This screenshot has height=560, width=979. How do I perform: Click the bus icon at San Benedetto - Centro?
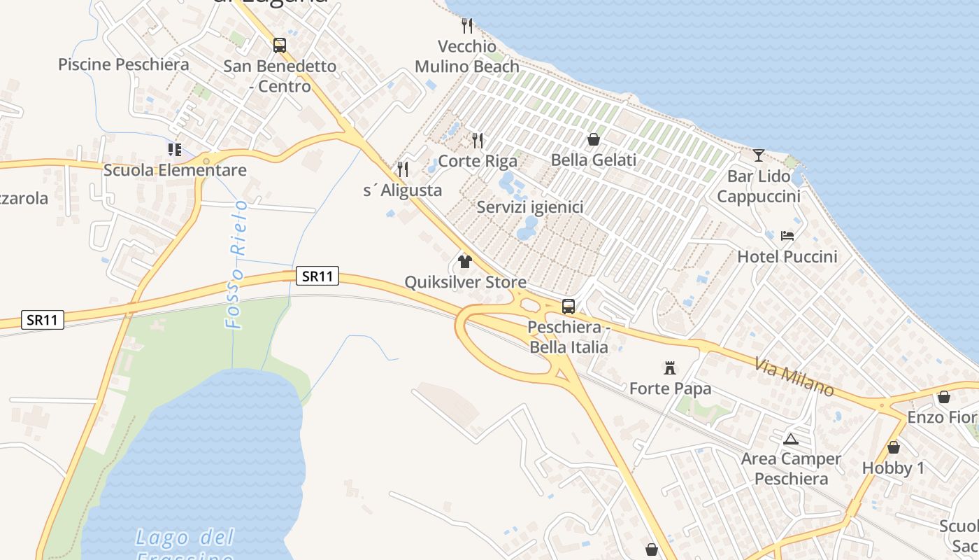(280, 45)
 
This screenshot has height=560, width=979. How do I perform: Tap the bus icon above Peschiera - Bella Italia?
(569, 306)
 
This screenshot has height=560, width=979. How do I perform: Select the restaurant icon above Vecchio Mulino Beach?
(467, 26)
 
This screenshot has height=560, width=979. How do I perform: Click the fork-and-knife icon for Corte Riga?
(478, 140)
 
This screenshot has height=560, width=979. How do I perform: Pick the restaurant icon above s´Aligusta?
(403, 169)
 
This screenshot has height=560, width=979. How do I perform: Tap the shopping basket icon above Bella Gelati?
(594, 139)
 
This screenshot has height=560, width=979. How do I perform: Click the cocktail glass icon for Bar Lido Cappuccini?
(759, 155)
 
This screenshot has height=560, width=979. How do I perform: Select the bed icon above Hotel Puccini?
(787, 236)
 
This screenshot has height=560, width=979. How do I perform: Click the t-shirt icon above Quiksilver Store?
(465, 262)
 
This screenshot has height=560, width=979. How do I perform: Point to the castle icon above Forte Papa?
(670, 367)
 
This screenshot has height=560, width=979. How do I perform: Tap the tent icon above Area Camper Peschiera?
(791, 439)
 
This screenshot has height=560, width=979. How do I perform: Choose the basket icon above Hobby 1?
(893, 447)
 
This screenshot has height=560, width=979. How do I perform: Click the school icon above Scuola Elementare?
(175, 149)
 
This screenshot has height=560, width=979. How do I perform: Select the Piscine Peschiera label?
(123, 64)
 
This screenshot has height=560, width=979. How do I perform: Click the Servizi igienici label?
(529, 207)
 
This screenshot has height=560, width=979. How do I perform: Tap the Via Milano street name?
(795, 377)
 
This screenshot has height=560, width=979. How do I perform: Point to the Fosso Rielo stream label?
(237, 265)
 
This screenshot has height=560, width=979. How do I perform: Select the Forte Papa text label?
(670, 388)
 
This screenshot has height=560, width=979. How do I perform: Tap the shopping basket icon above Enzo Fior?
(944, 397)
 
